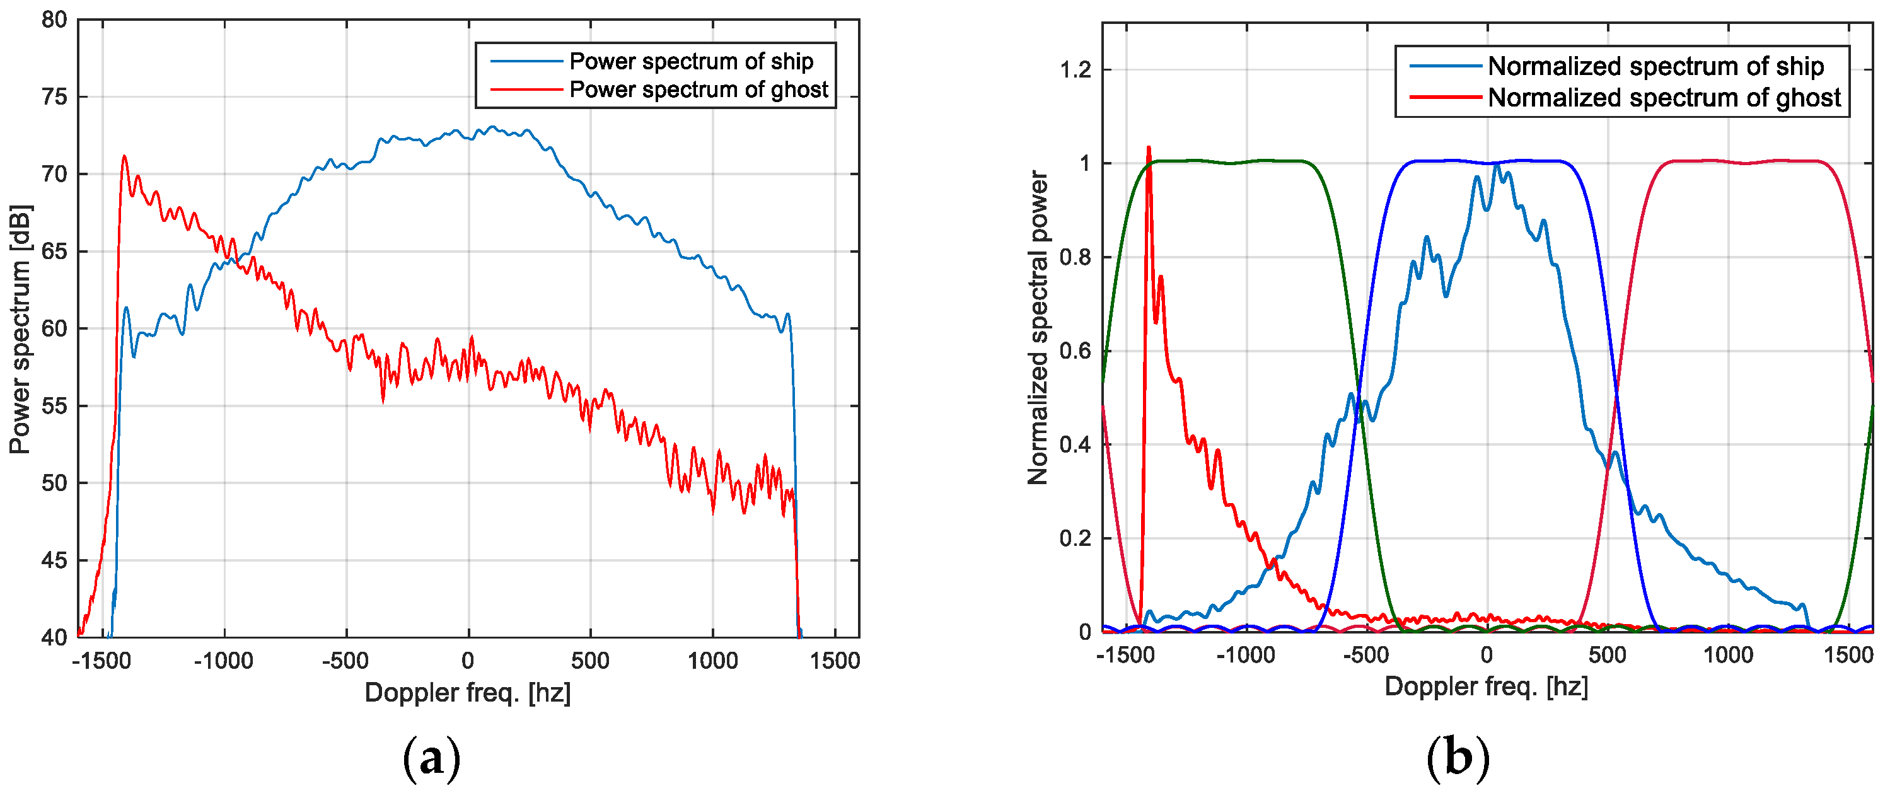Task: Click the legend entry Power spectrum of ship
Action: coord(690,62)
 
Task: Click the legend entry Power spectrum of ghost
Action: coord(698,90)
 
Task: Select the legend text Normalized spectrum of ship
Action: coord(1655,67)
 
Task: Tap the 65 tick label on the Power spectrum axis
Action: coord(54,252)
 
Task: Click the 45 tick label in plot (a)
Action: coord(54,560)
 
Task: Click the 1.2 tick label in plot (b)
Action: coord(1075,71)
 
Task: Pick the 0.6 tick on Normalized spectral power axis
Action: coord(1075,350)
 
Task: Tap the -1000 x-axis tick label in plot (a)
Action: coord(223,661)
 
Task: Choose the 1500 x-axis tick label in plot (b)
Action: coord(1847,655)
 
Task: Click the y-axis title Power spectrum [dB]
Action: coord(21,330)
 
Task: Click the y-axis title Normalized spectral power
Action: coord(1038,327)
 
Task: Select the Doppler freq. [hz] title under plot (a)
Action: coord(467,693)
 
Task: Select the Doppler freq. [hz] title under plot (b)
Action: coord(1486,686)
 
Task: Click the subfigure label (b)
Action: coord(1458,758)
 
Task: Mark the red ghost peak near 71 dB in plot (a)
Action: coord(124,156)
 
